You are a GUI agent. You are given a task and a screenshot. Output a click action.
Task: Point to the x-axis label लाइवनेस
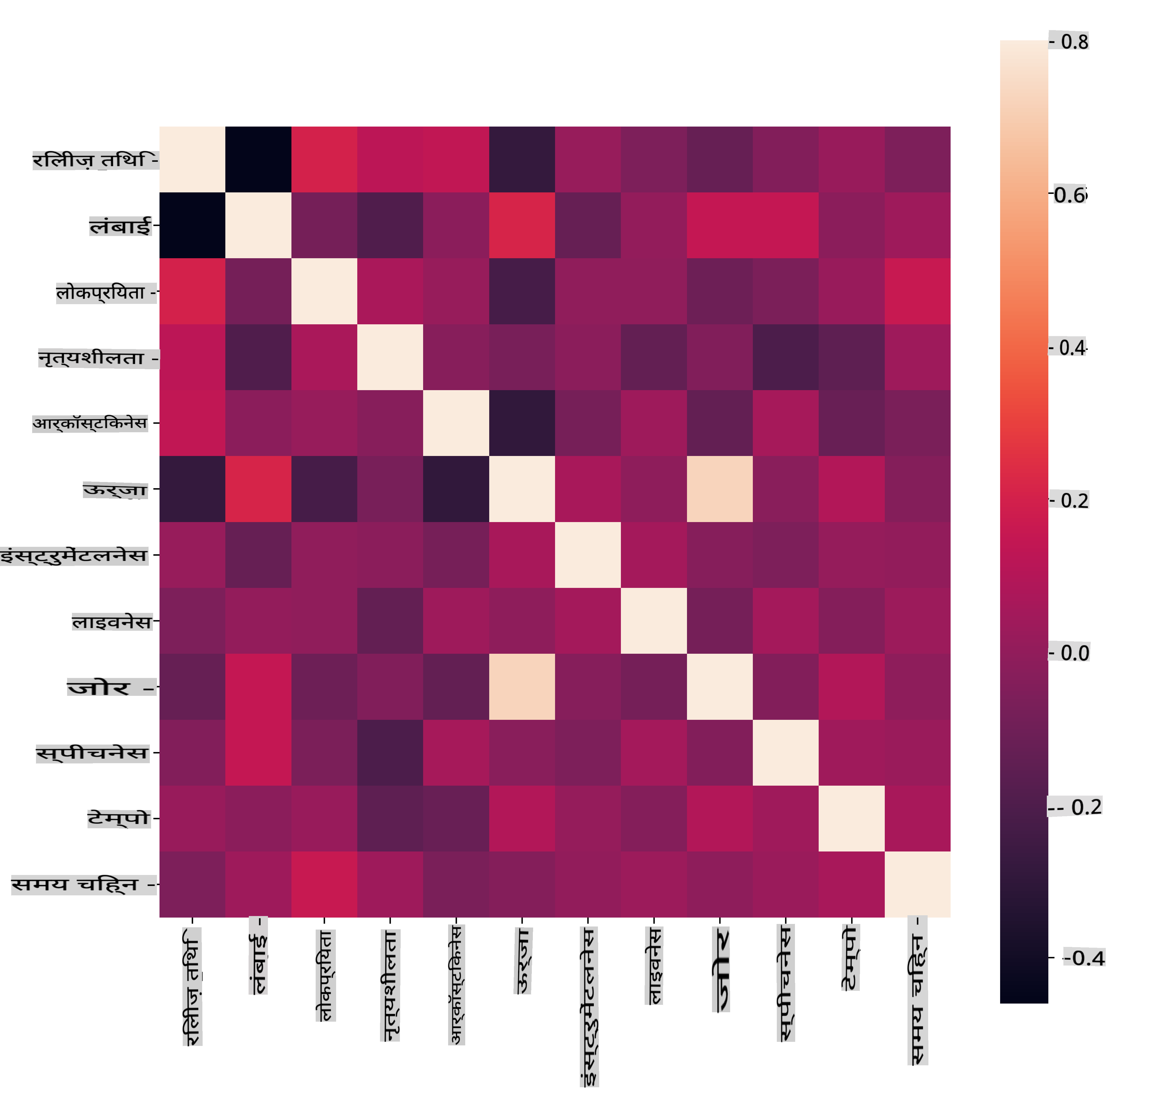click(x=654, y=966)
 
